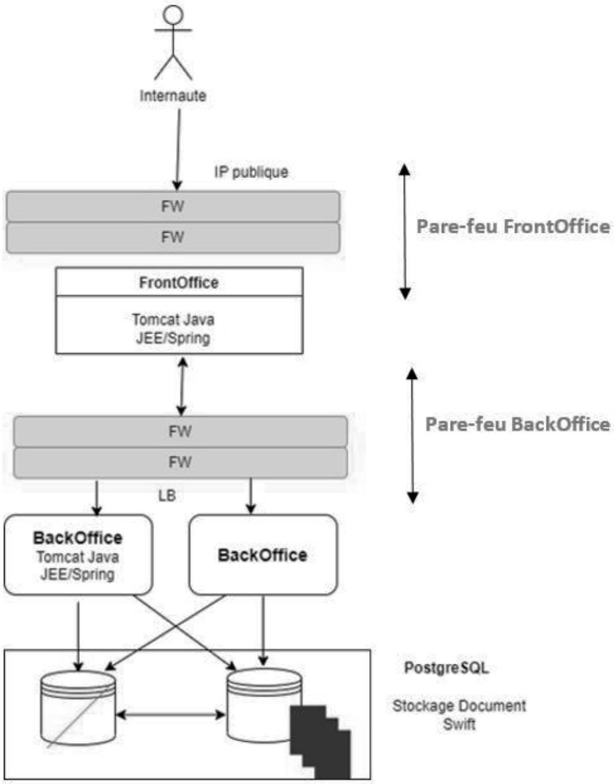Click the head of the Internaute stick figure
pyautogui.click(x=173, y=14)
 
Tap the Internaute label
pyautogui.click(x=173, y=96)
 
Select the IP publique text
pyautogui.click(x=251, y=172)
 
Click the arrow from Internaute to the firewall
pyautogui.click(x=178, y=149)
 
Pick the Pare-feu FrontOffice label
pyautogui.click(x=513, y=226)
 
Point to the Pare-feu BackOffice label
pyautogui.click(x=518, y=424)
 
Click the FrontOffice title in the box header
pyautogui.click(x=179, y=283)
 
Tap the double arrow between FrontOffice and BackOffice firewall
pyautogui.click(x=182, y=386)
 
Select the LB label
pyautogui.click(x=167, y=496)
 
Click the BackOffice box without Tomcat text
pyautogui.click(x=263, y=555)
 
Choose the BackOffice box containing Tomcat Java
pyautogui.click(x=78, y=555)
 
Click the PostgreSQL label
pyautogui.click(x=446, y=668)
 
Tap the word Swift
pyautogui.click(x=459, y=724)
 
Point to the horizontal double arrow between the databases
pyautogui.click(x=170, y=715)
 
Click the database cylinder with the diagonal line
pyautogui.click(x=78, y=708)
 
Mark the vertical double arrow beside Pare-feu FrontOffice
pyautogui.click(x=405, y=232)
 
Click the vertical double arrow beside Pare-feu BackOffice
pyautogui.click(x=412, y=436)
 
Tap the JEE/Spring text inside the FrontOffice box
pyautogui.click(x=173, y=339)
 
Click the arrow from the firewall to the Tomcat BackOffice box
pyautogui.click(x=96, y=497)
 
